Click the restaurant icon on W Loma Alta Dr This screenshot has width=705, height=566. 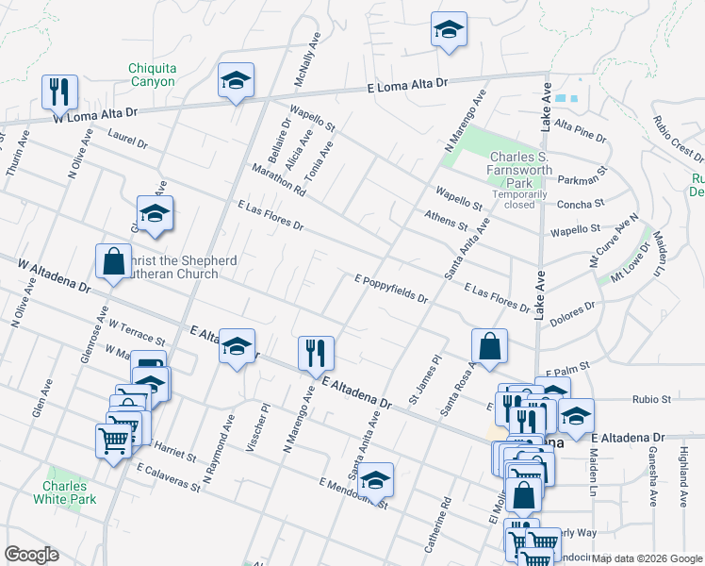(59, 92)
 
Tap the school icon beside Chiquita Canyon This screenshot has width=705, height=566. (235, 81)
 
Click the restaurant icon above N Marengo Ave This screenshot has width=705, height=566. (316, 354)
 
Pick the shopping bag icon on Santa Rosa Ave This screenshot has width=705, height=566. (490, 346)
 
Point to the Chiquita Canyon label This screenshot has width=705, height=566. (152, 75)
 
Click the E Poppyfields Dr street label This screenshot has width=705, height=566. (391, 290)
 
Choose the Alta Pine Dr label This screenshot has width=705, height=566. (581, 130)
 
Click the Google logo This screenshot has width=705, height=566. (31, 555)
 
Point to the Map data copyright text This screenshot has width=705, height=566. (647, 558)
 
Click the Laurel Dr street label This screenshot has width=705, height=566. (127, 141)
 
